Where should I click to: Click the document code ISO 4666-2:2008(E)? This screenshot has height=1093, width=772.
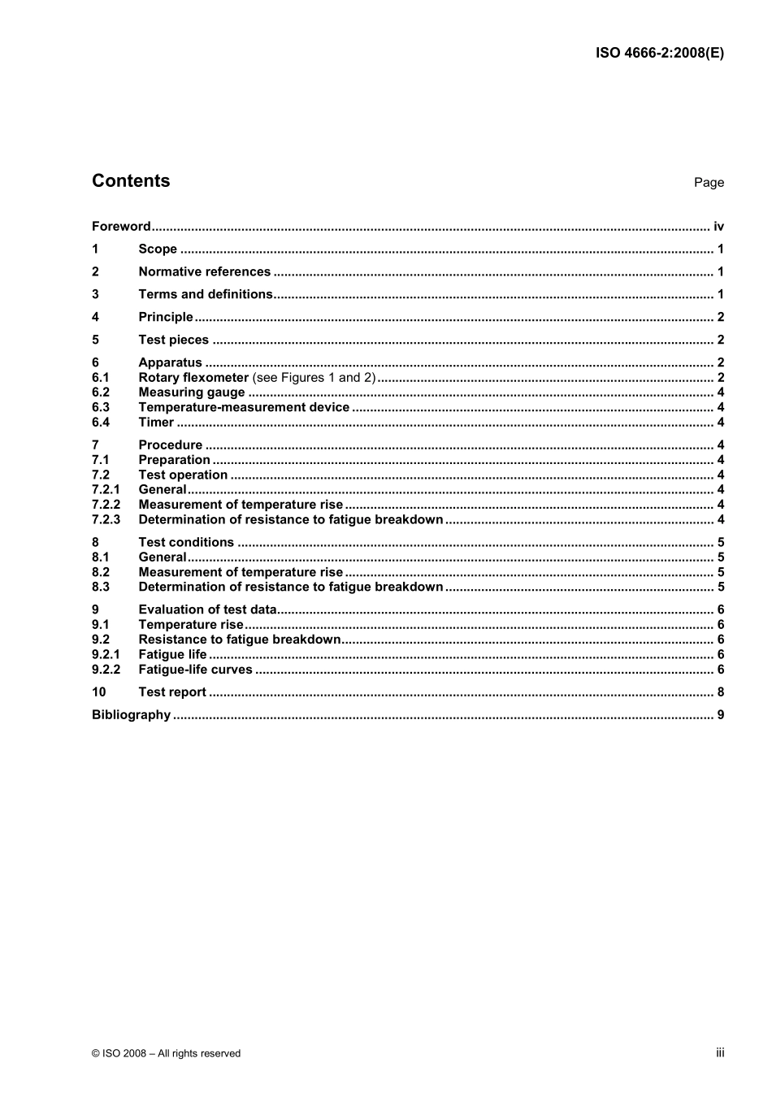[659, 54]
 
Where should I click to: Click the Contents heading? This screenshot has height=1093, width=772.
[131, 181]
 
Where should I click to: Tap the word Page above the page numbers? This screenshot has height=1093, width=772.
[709, 183]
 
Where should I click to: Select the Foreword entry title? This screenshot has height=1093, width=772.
[121, 227]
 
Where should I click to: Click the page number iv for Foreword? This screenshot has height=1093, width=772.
[718, 227]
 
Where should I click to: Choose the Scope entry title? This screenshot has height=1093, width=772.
[158, 249]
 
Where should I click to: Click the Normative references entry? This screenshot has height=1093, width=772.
[204, 272]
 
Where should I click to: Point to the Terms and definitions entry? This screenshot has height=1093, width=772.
[206, 294]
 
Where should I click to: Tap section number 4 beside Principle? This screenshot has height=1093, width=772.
[96, 317]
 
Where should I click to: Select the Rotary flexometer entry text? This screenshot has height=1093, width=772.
[193, 378]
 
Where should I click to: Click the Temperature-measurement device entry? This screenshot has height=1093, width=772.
[244, 408]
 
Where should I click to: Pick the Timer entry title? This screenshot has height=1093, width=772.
[156, 423]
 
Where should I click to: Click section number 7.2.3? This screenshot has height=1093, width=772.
[106, 520]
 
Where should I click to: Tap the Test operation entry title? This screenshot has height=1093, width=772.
[183, 475]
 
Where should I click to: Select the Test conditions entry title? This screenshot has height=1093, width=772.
[186, 543]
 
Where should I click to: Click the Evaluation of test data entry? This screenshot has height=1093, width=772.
[207, 609]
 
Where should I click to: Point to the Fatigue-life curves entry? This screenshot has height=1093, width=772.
[195, 670]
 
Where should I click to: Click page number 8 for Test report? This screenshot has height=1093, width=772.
[720, 692]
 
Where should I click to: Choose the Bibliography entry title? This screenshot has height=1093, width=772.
[131, 715]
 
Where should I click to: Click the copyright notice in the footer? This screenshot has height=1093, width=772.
[166, 1053]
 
